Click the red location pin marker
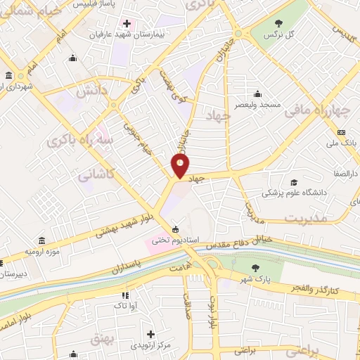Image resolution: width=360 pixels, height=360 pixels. coord(181,166)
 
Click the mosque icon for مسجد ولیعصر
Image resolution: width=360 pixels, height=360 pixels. coord(257,94)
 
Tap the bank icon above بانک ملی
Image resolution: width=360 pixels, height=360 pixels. coord(342,133)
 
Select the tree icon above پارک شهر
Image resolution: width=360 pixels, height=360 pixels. coord(256,267)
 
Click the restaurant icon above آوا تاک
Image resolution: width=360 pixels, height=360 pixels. coord(125,295)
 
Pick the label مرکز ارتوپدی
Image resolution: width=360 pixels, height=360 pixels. coord(150,345)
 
